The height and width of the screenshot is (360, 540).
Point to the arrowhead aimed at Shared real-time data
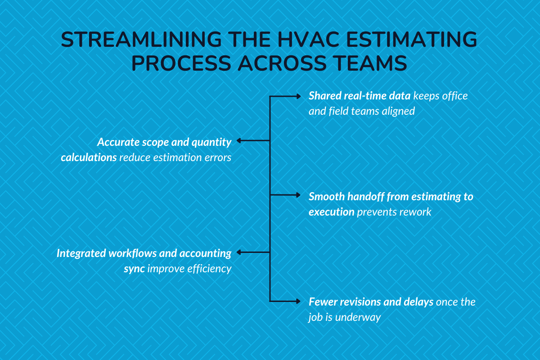[298, 96]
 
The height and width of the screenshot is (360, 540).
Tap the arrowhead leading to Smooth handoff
[298, 195]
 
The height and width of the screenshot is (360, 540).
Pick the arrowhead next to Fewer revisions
[298, 301]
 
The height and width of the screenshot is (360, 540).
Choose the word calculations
[89, 158]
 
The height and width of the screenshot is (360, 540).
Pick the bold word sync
[134, 269]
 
